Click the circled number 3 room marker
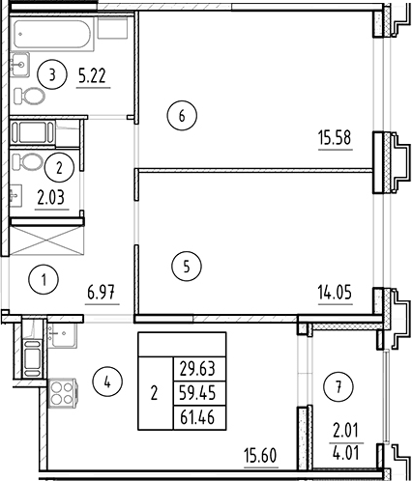click(x=52, y=75)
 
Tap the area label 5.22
click(x=93, y=76)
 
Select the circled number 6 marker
click(x=182, y=116)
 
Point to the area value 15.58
click(x=335, y=138)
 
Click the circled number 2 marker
click(x=59, y=168)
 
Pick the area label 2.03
click(x=51, y=197)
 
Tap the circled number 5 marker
click(x=187, y=267)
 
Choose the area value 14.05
click(x=335, y=293)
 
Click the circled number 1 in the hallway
click(x=44, y=279)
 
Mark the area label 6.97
click(x=102, y=293)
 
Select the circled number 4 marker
click(x=107, y=382)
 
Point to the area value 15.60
click(x=260, y=456)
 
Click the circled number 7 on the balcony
click(x=338, y=387)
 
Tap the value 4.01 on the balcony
click(x=346, y=452)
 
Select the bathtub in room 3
click(x=52, y=35)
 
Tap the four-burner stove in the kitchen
click(x=62, y=393)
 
